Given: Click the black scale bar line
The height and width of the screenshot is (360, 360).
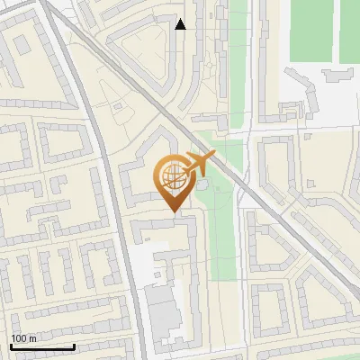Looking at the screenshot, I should point(42,347).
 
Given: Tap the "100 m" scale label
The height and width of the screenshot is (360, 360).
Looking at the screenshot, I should point(22,338).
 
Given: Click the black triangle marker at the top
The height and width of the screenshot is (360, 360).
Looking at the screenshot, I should point(181,24).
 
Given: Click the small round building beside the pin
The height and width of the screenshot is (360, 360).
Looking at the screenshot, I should point(203,184).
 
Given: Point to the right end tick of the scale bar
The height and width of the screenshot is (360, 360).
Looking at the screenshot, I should point(74,346).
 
